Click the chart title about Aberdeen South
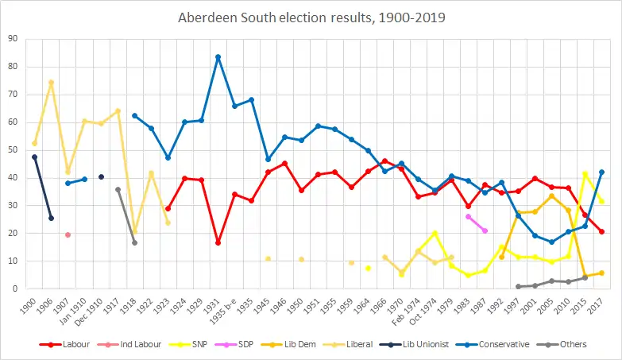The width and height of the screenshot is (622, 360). coord(311,17)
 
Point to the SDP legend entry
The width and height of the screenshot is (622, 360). coord(253,344)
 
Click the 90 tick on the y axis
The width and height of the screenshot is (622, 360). coord(14,38)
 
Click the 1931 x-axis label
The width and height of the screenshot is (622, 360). coord(217,304)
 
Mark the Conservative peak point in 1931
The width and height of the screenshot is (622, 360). coord(218,56)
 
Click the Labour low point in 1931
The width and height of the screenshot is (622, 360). coord(218,242)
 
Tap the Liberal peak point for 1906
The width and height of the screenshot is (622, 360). coord(51,82)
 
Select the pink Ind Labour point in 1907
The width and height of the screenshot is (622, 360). coord(68,234)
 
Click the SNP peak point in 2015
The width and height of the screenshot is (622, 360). coord(585,173)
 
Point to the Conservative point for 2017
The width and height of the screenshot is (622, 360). coord(601,172)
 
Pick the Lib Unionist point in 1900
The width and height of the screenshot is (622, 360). coord(34,157)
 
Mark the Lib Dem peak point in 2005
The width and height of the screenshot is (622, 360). coord(551,195)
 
